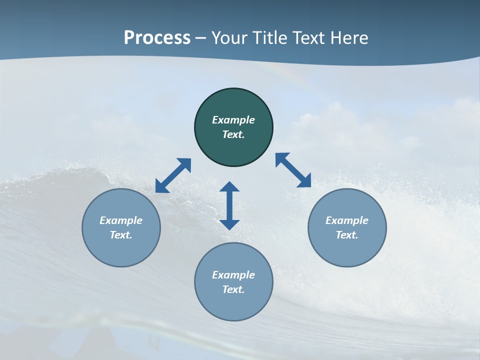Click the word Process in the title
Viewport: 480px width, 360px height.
pyautogui.click(x=157, y=38)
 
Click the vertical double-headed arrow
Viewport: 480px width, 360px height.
pyautogui.click(x=229, y=205)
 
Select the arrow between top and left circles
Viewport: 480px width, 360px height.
pyautogui.click(x=173, y=175)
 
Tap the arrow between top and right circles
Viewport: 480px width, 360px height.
pyautogui.click(x=293, y=170)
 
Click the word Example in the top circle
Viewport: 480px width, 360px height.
pyautogui.click(x=233, y=120)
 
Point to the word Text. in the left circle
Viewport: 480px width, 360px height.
pyautogui.click(x=121, y=235)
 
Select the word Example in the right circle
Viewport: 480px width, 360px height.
pyautogui.click(x=347, y=220)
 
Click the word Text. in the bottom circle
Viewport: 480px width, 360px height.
pyautogui.click(x=233, y=289)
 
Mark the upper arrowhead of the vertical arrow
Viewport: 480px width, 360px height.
pyautogui.click(x=229, y=187)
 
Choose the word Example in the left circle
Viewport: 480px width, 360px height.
pyautogui.click(x=121, y=220)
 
